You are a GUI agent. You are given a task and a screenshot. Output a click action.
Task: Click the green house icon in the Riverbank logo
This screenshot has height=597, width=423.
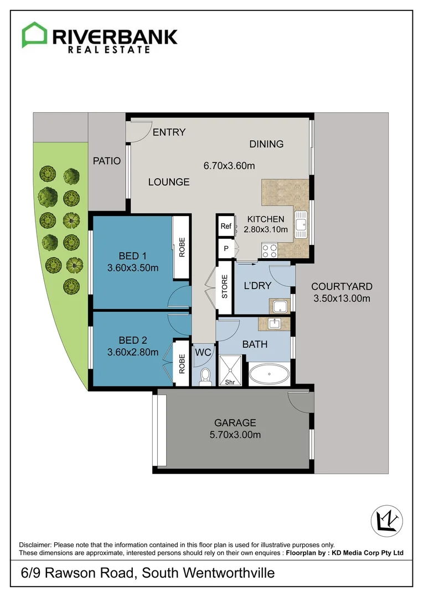(34, 35)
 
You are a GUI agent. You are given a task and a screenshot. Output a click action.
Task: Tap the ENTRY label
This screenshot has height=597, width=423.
(169, 133)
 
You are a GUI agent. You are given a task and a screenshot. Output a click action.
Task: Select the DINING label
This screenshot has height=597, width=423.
(266, 144)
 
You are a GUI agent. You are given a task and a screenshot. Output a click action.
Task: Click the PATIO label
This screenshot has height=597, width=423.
(106, 161)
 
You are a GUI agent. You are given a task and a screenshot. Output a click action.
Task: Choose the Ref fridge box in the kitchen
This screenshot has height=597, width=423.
(226, 226)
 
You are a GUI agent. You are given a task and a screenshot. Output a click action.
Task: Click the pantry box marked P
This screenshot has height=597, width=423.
(226, 249)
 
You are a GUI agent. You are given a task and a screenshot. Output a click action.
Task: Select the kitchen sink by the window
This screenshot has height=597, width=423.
(301, 224)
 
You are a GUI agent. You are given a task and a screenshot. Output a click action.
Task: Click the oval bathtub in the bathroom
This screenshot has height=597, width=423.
(269, 374)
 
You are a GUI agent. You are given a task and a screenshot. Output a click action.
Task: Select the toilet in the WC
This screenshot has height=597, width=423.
(205, 376)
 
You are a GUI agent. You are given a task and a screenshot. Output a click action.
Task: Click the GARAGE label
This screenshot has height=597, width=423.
(236, 423)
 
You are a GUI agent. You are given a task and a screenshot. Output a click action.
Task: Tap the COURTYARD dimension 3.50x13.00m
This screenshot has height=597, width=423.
(341, 299)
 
